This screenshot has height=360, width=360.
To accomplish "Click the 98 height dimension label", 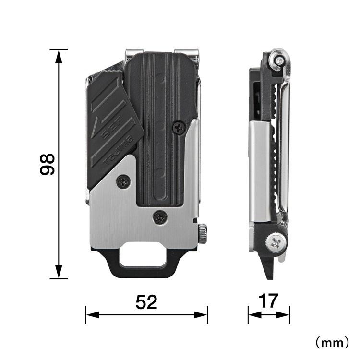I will (46, 164).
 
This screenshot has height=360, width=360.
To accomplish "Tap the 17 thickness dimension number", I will (268, 301).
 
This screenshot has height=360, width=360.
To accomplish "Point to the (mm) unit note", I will (331, 342).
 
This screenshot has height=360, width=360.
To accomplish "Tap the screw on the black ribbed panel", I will (180, 126).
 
